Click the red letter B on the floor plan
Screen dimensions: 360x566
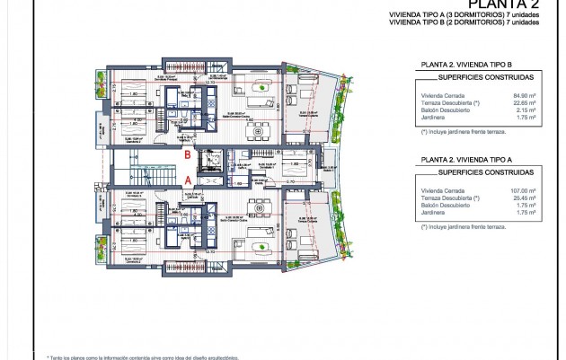click(x=186, y=154)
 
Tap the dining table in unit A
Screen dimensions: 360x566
click(x=259, y=208)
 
